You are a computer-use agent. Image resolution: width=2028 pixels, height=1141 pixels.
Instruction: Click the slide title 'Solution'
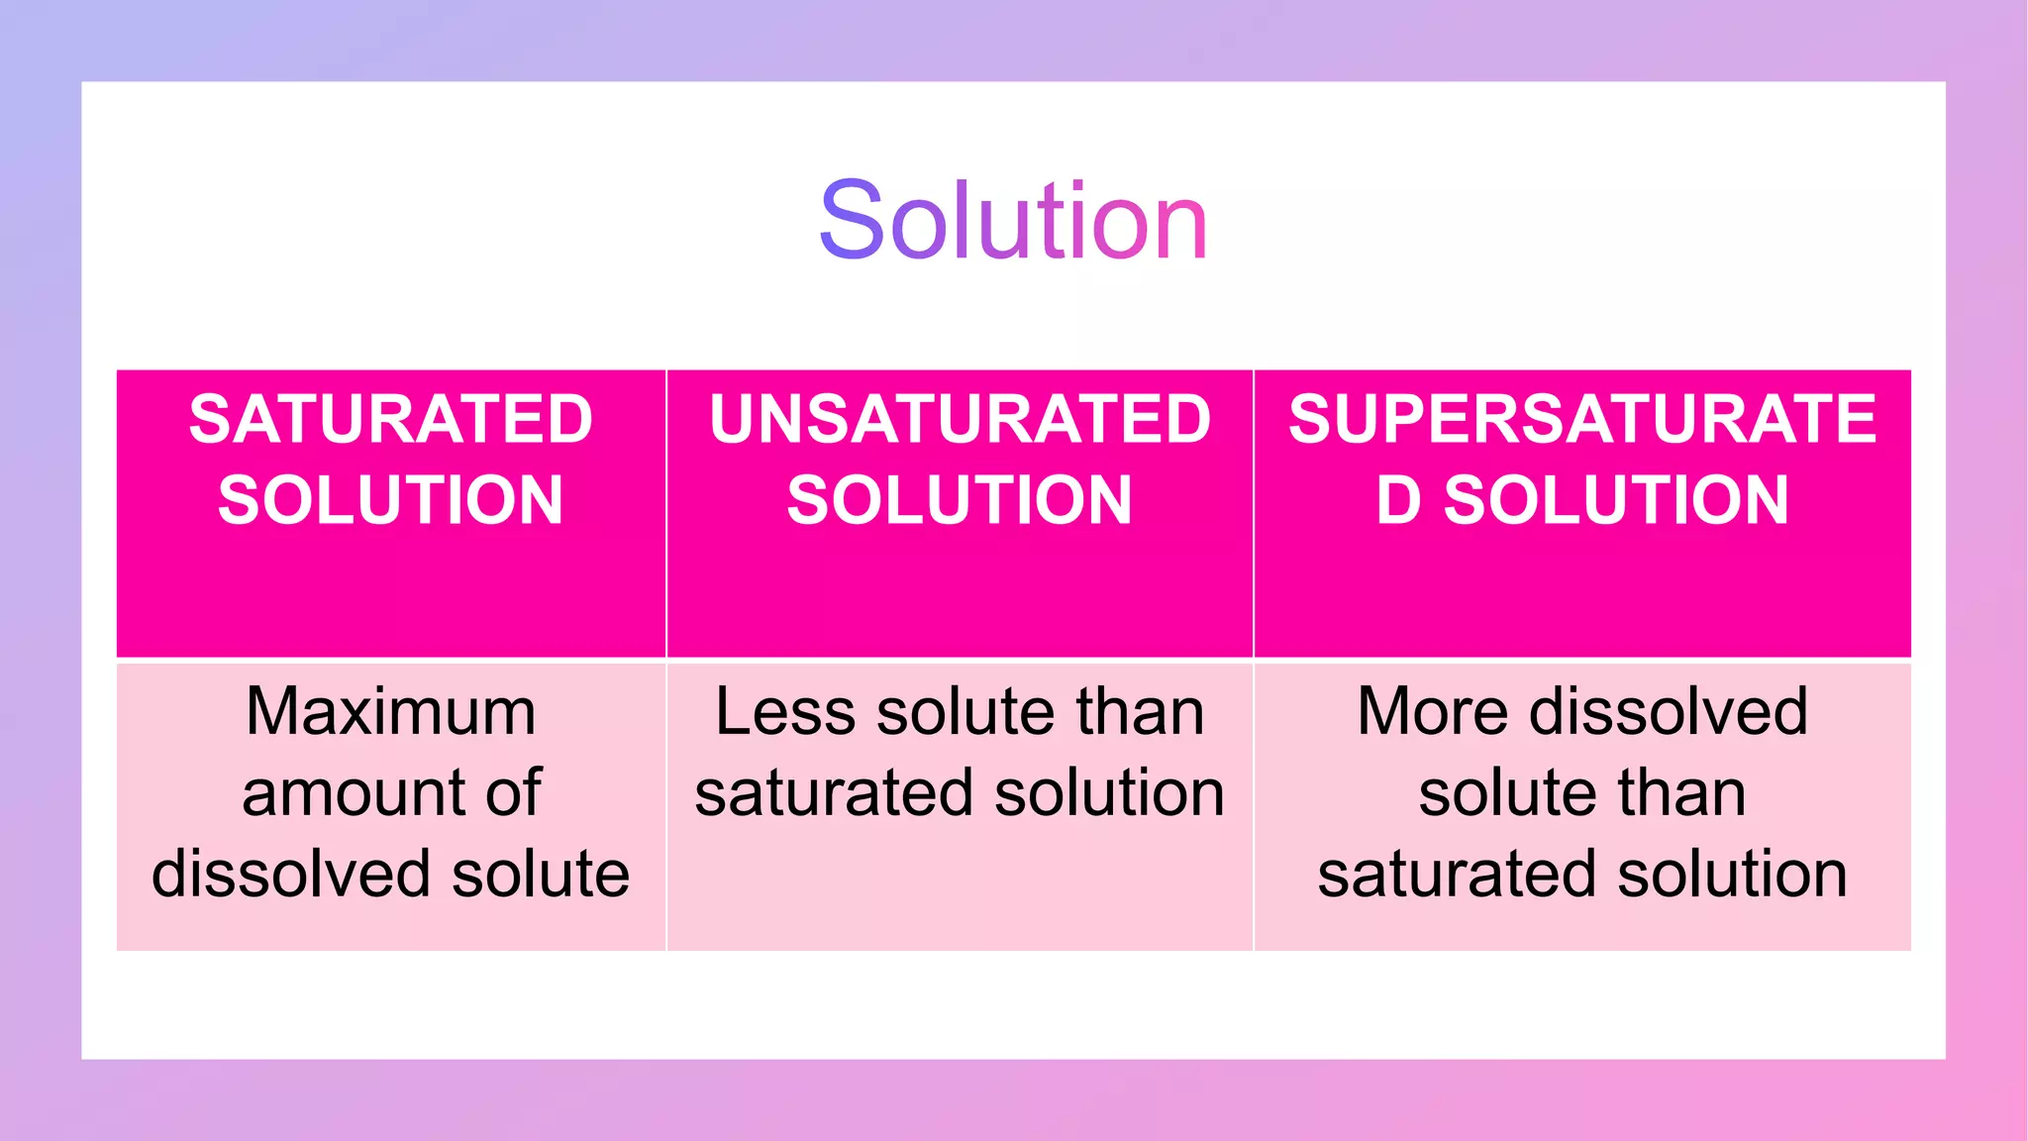(x=1013, y=221)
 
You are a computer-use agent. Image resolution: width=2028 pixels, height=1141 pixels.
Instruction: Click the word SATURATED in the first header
(x=391, y=419)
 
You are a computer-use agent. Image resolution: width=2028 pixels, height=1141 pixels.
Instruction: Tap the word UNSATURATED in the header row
(x=960, y=419)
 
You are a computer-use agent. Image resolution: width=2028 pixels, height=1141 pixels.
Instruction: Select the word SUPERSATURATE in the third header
(x=1582, y=419)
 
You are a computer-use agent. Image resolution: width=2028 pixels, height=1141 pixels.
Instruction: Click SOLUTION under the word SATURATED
(x=391, y=499)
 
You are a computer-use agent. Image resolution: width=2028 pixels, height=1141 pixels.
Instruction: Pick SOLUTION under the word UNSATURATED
(x=960, y=499)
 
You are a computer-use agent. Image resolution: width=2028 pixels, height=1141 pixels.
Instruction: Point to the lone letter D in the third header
(x=1399, y=499)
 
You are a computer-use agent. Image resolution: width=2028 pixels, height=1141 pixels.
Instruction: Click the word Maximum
(x=391, y=711)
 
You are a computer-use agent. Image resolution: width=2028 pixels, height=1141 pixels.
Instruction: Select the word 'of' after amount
(x=514, y=792)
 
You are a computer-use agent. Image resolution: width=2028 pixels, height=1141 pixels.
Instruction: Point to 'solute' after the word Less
(x=966, y=711)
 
